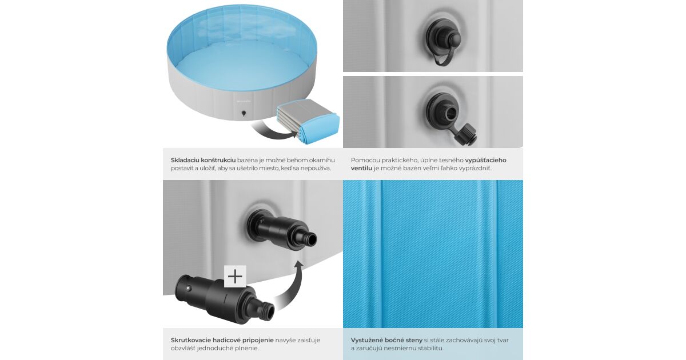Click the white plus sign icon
click(235, 277)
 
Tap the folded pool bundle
click(308, 121)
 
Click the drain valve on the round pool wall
click(244, 114)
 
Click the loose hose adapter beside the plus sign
click(225, 299)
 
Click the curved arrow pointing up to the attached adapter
click(293, 284)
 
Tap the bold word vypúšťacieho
click(486, 160)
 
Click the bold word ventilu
click(361, 169)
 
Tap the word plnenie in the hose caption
click(246, 349)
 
